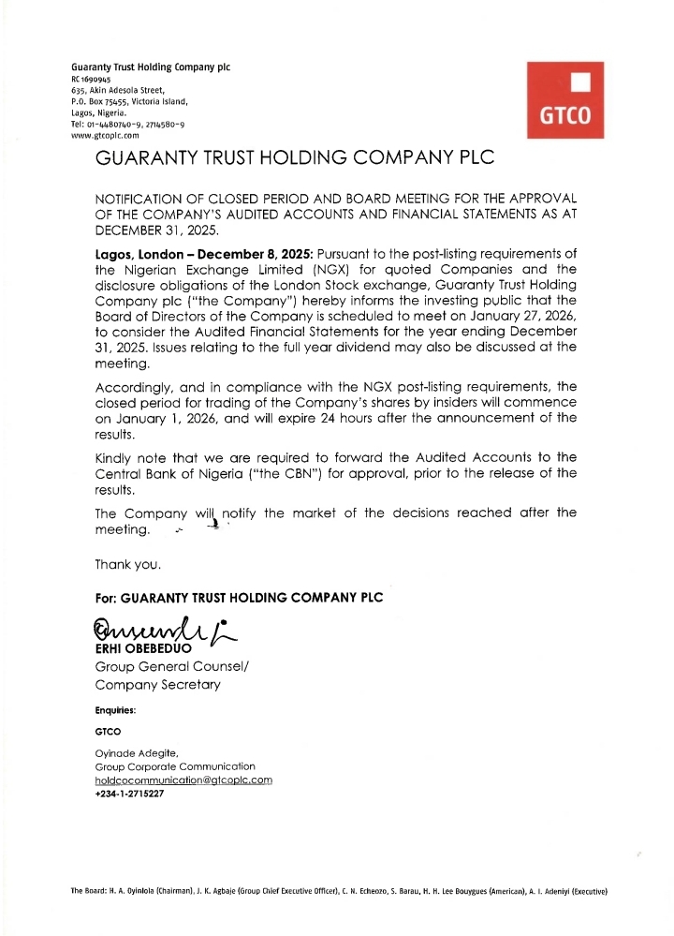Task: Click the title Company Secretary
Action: coord(158,684)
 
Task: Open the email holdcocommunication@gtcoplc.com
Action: coord(183,780)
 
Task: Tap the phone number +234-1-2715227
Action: coord(129,794)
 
